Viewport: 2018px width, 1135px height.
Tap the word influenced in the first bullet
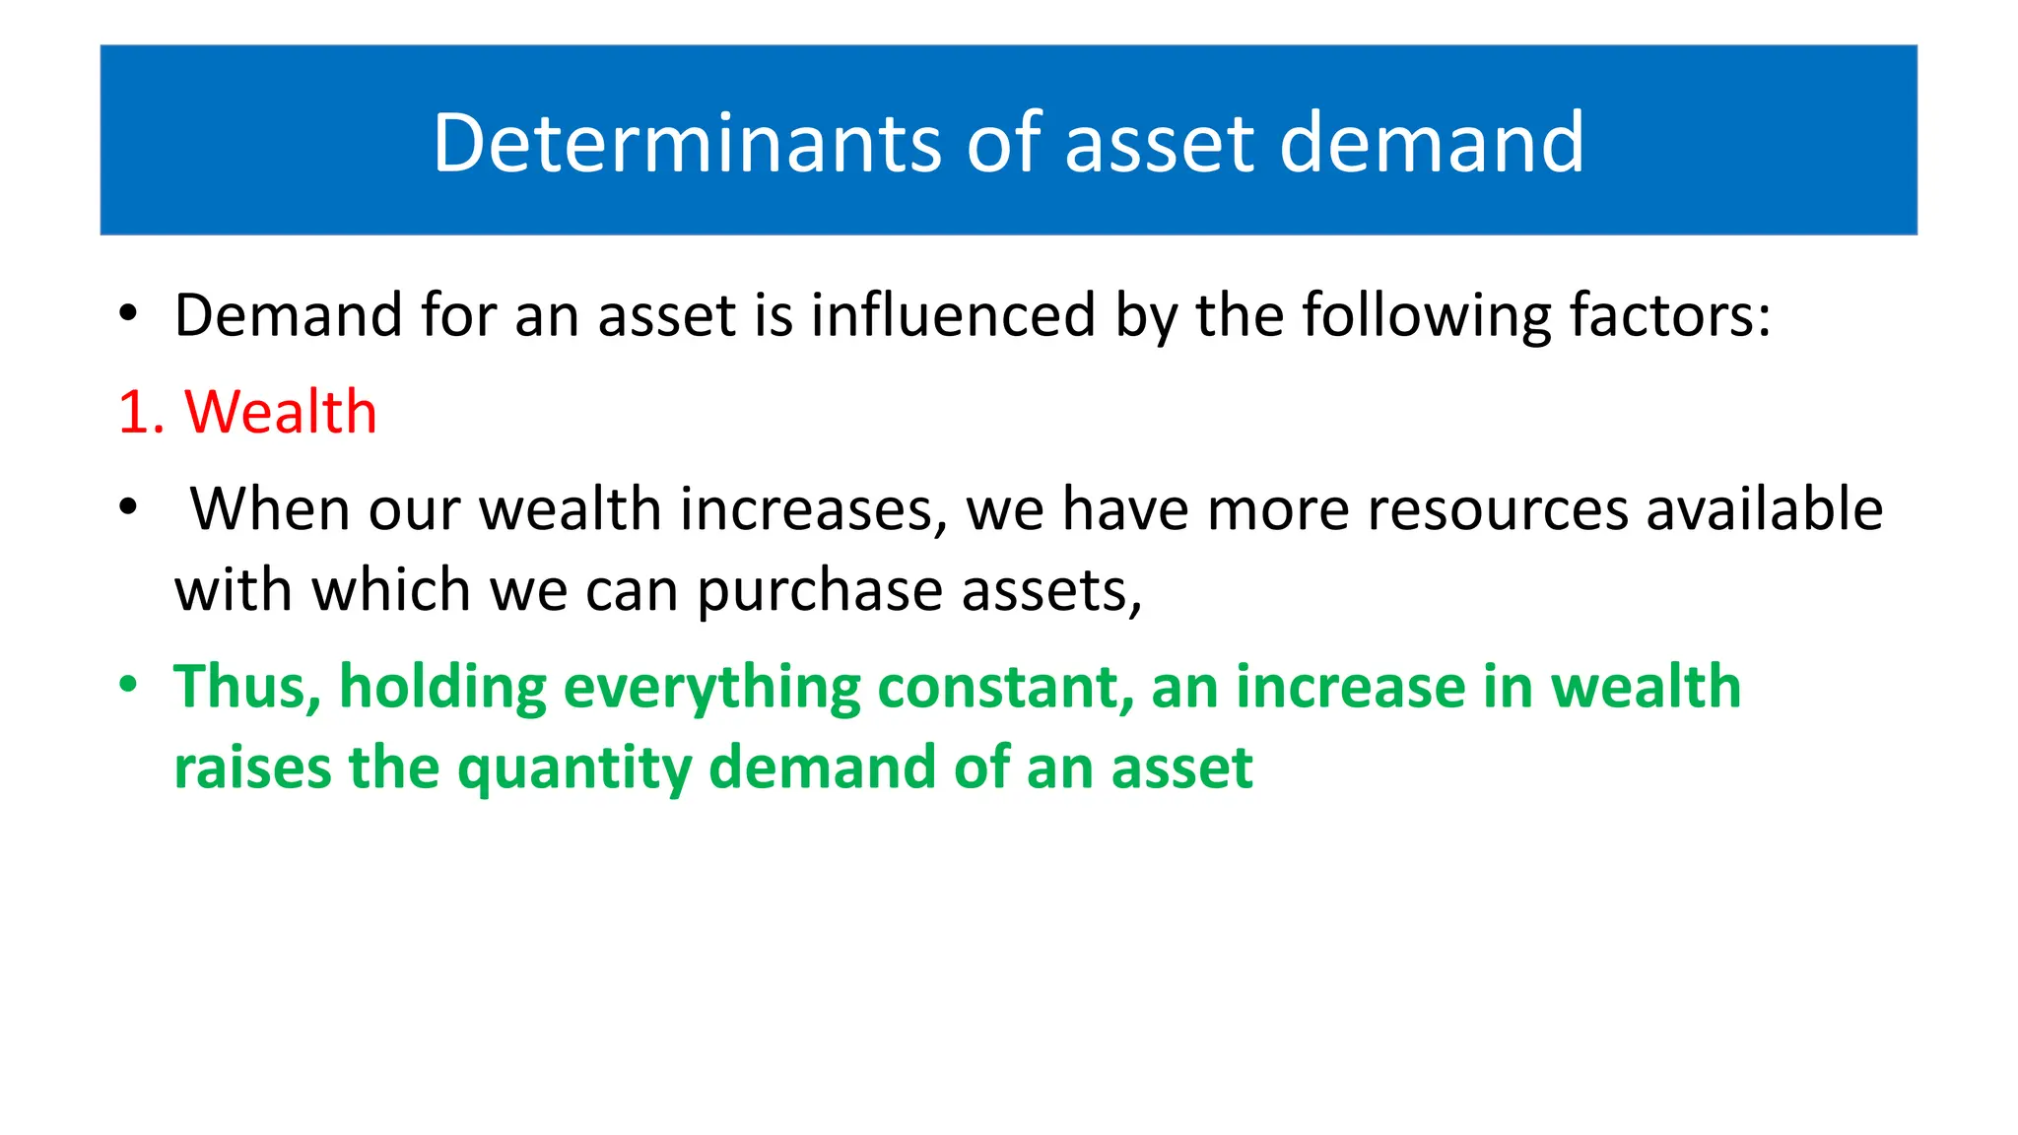(x=953, y=315)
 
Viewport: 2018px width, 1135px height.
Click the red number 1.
(x=135, y=412)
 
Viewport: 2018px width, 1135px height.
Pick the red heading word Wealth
(x=281, y=412)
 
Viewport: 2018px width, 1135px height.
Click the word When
(x=270, y=509)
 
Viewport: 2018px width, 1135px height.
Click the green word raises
(x=252, y=768)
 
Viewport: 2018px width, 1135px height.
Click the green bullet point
(x=128, y=685)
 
